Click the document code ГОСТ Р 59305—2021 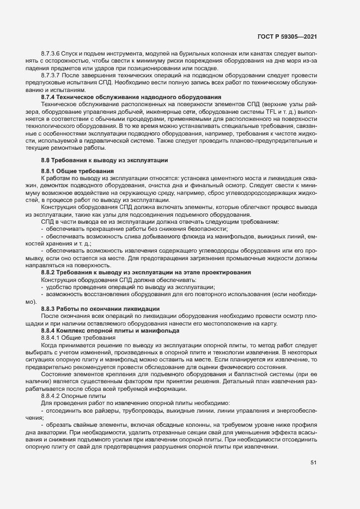pos(287,36)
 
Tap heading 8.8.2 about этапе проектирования pos(145,272)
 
